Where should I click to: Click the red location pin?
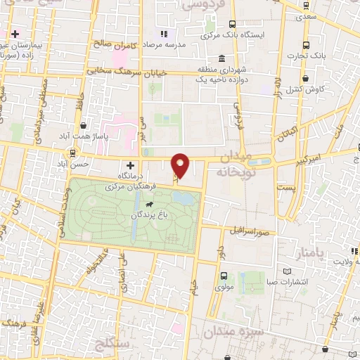pyautogui.click(x=181, y=165)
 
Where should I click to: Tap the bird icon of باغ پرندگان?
pyautogui.click(x=148, y=205)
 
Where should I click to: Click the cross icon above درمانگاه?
pyautogui.click(x=129, y=165)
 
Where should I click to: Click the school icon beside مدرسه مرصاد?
pyautogui.click(x=163, y=33)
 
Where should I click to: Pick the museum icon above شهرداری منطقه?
pyautogui.click(x=222, y=58)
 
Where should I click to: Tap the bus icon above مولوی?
pyautogui.click(x=224, y=276)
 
